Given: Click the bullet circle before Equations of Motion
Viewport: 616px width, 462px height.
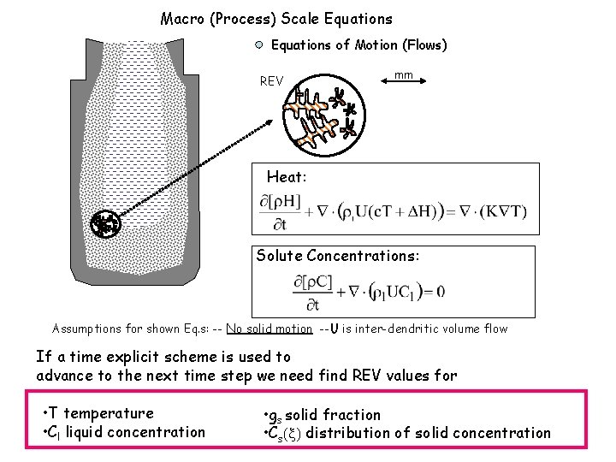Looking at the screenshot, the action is pyautogui.click(x=258, y=45).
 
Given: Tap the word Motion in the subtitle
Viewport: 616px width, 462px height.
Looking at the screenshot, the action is pyautogui.click(x=373, y=45).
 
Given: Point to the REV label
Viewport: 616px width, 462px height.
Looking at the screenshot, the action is pyautogui.click(x=271, y=81).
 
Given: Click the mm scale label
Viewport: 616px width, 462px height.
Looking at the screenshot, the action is pyautogui.click(x=404, y=75).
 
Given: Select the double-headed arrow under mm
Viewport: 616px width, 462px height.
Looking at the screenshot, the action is pyautogui.click(x=404, y=84).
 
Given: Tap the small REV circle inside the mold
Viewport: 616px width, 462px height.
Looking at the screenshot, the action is pyautogui.click(x=106, y=223).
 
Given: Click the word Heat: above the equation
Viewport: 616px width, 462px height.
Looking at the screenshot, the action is pyautogui.click(x=287, y=177).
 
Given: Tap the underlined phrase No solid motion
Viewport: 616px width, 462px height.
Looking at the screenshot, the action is pyautogui.click(x=269, y=329).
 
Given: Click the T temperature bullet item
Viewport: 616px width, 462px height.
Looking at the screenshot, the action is pyautogui.click(x=99, y=413).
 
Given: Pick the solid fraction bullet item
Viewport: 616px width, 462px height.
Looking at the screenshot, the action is pyautogui.click(x=323, y=415).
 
